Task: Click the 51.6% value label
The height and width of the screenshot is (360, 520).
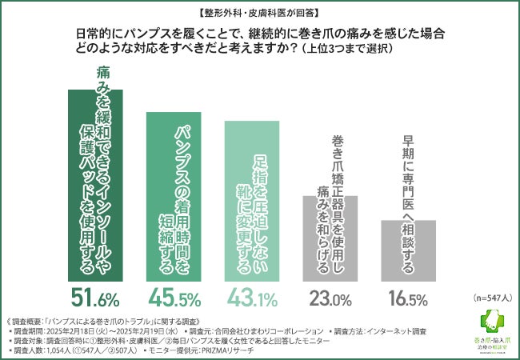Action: click(96, 299)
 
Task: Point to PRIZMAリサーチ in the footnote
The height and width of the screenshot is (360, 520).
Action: click(232, 350)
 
